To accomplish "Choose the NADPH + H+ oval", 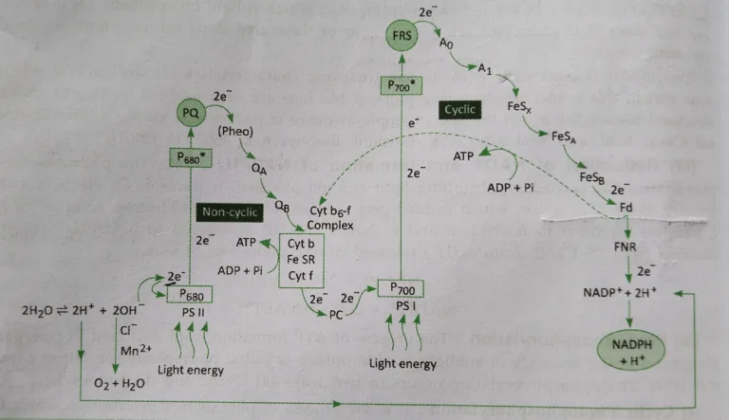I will (x=629, y=353).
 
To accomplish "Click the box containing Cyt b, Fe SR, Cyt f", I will (x=303, y=258).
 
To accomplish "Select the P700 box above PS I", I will (x=402, y=287).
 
